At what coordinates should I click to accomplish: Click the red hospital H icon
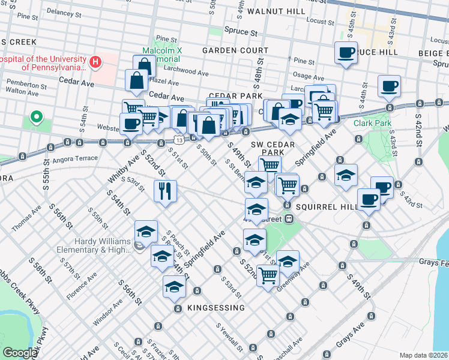[94, 62]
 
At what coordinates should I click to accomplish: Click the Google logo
[20, 353]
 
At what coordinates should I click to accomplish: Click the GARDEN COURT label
[235, 50]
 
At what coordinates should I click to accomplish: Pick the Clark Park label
[372, 124]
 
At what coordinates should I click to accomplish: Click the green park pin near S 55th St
[37, 117]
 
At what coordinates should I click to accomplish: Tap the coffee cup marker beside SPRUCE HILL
[346, 53]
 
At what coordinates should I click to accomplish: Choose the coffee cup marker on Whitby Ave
[131, 124]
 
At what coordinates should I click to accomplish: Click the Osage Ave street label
[309, 76]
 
